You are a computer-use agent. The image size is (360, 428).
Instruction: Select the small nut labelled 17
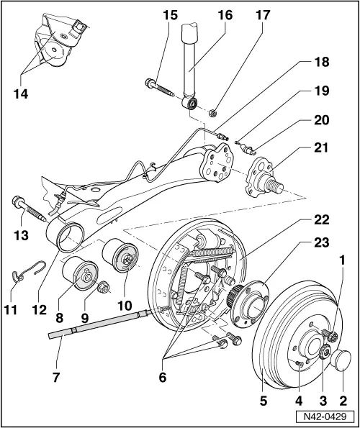[x=212, y=113]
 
